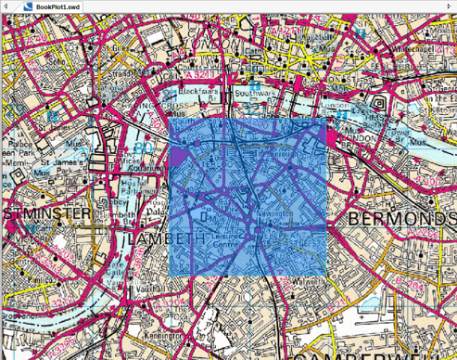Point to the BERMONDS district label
point(402,219)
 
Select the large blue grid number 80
point(143,148)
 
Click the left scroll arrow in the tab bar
point(6,6)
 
